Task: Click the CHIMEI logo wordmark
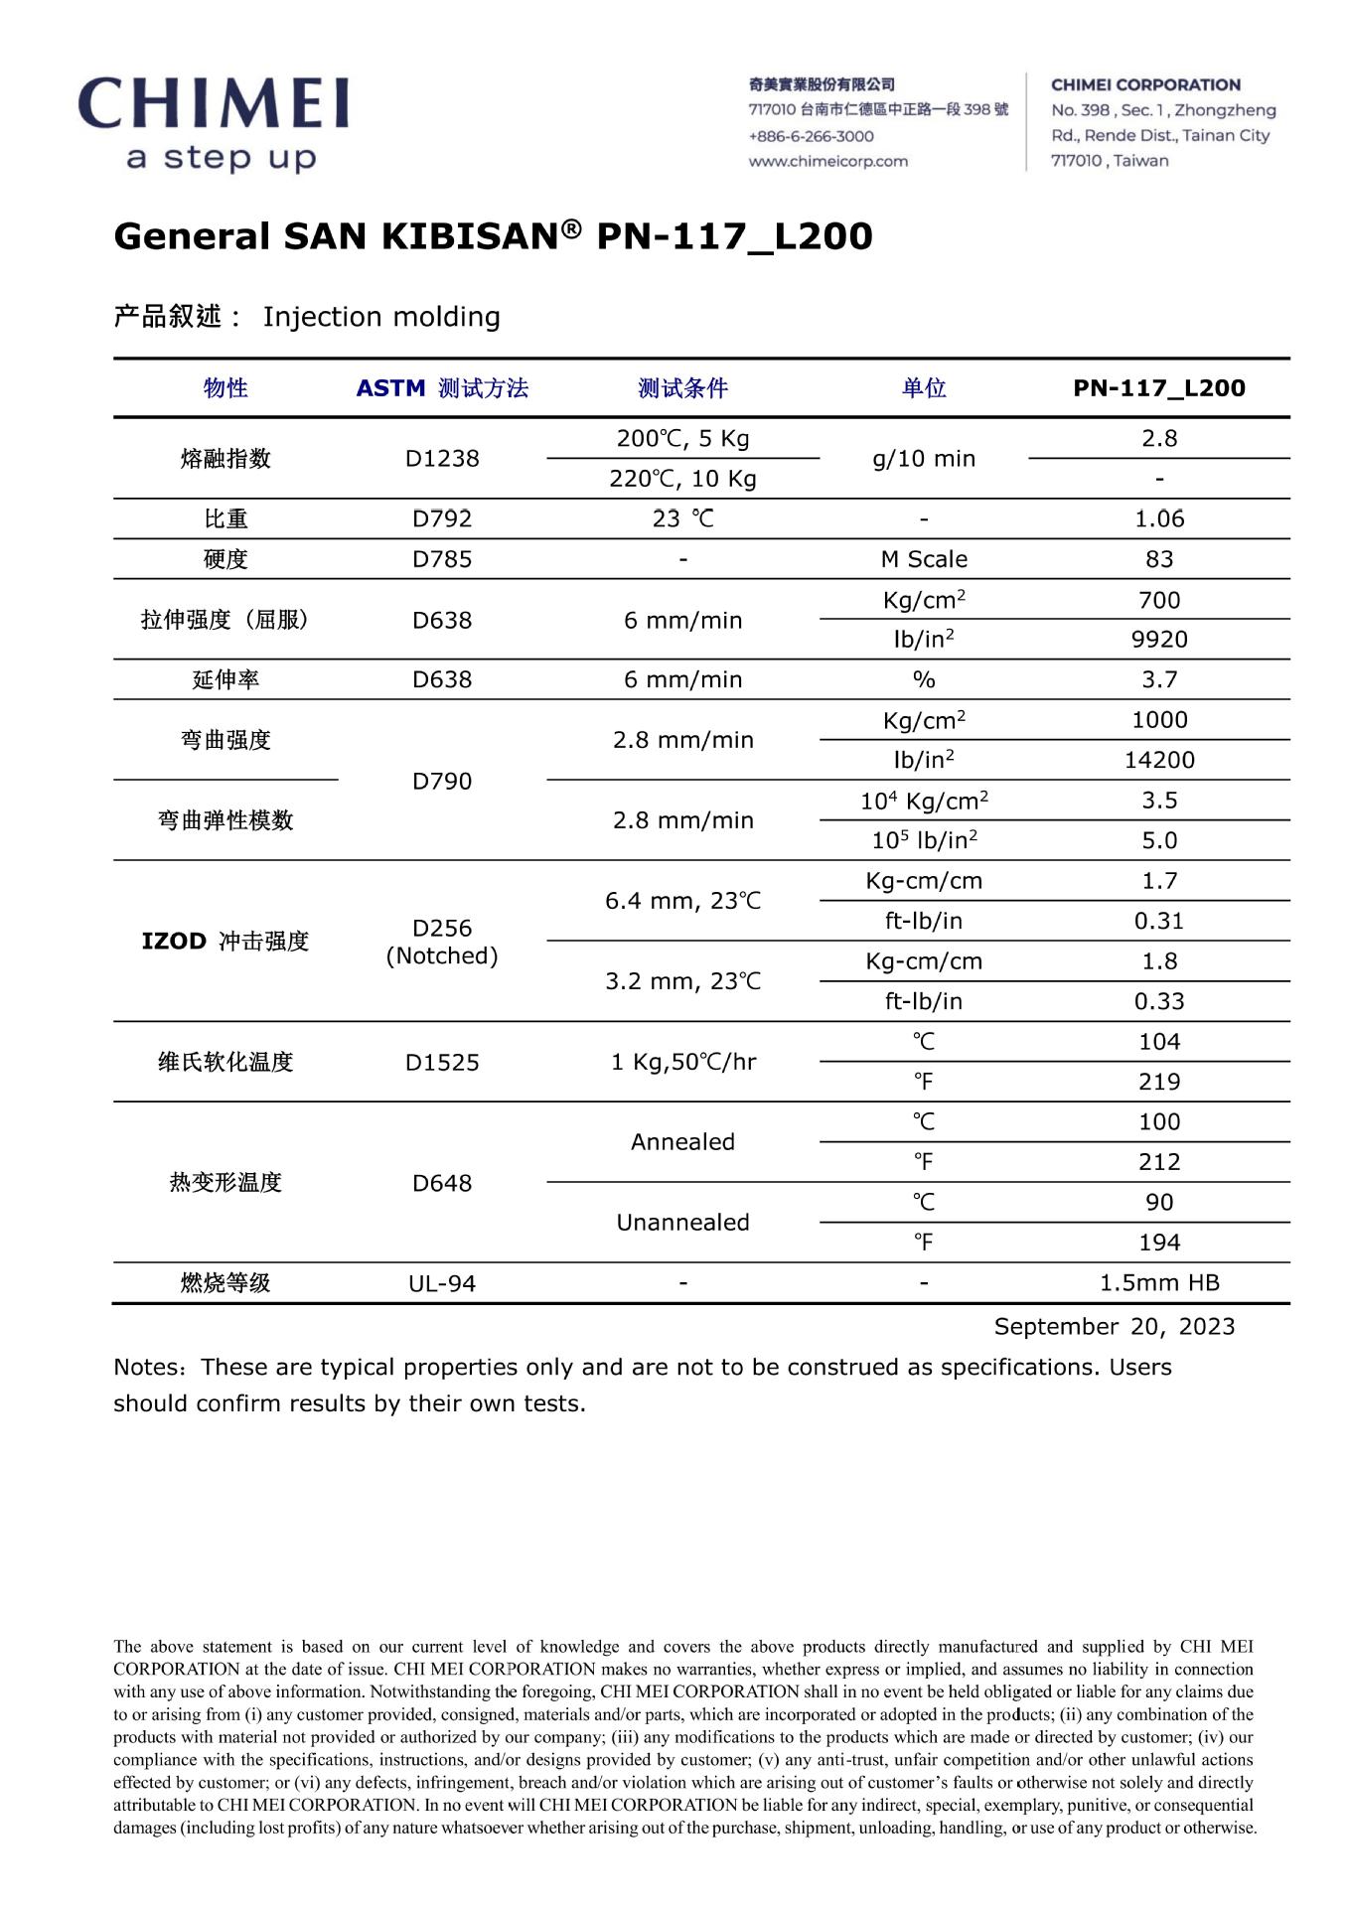click(x=214, y=103)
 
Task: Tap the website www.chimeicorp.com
click(x=827, y=161)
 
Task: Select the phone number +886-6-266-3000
click(x=811, y=136)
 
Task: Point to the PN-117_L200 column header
click(x=1158, y=388)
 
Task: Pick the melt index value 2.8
click(x=1158, y=438)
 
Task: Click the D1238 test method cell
click(x=442, y=459)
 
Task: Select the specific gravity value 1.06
click(x=1158, y=518)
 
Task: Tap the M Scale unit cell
click(x=923, y=559)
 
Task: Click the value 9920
click(x=1158, y=640)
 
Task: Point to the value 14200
click(x=1158, y=760)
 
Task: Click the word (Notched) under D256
click(x=442, y=955)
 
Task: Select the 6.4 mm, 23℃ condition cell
click(x=682, y=901)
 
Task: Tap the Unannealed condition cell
click(x=682, y=1223)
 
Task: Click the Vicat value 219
click(x=1158, y=1082)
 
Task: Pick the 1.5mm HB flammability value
click(x=1158, y=1283)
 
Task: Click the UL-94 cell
click(x=442, y=1283)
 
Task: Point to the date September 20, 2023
click(x=1114, y=1327)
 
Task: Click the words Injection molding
click(x=381, y=317)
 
